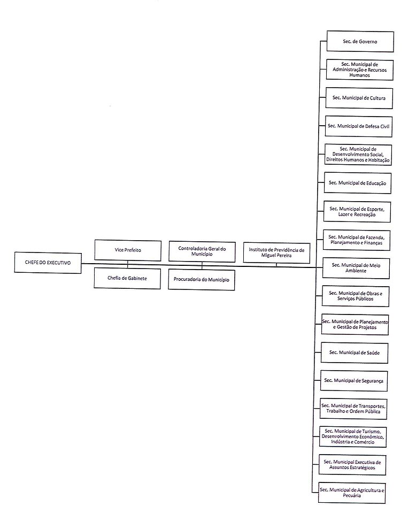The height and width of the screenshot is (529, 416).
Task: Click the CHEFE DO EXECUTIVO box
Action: (48, 263)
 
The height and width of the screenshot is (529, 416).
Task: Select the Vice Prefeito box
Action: (127, 250)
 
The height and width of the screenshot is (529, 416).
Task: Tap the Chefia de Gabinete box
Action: (127, 278)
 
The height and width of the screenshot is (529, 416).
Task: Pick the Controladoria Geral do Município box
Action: (202, 251)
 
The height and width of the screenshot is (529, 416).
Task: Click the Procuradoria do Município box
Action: (201, 279)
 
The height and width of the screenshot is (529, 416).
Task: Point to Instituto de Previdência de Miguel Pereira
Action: (276, 252)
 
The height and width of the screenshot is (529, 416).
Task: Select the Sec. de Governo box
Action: (360, 41)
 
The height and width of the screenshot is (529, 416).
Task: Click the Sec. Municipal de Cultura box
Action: (359, 98)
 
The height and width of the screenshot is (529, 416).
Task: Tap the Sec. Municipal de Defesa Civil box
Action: (358, 126)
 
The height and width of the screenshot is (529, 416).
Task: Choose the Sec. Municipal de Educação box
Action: (358, 183)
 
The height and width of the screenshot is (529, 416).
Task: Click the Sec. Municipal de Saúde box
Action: (355, 352)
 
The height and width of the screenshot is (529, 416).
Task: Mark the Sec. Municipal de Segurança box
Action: (354, 380)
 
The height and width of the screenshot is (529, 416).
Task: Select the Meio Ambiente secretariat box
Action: (356, 267)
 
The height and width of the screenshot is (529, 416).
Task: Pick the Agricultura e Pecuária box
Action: (352, 492)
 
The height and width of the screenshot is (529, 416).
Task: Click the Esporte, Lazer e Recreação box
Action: (357, 211)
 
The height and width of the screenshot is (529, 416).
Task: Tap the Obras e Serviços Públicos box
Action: (356, 296)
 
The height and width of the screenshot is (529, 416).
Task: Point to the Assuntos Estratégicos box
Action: (352, 464)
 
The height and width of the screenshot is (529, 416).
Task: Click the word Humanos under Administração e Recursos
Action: (359, 75)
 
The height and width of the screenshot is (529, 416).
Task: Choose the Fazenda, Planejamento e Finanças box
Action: (357, 240)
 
